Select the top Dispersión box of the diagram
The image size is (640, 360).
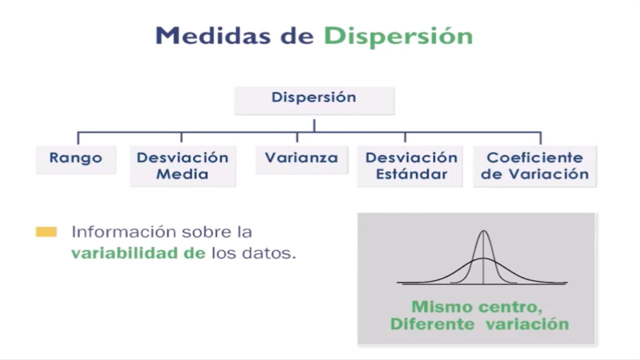click(x=314, y=100)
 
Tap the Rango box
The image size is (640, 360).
click(x=75, y=159)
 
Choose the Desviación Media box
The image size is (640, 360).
click(x=182, y=166)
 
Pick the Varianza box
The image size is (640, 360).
click(x=301, y=159)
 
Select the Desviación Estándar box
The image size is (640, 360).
click(x=411, y=166)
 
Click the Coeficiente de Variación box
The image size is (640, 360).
click(x=534, y=166)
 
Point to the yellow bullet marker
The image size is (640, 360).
click(x=46, y=232)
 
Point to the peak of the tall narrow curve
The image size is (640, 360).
click(x=483, y=231)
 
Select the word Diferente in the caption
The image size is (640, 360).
click(x=432, y=324)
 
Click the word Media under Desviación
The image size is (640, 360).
click(x=182, y=174)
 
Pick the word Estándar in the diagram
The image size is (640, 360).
click(x=411, y=174)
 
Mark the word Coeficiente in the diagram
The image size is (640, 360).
click(x=534, y=158)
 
